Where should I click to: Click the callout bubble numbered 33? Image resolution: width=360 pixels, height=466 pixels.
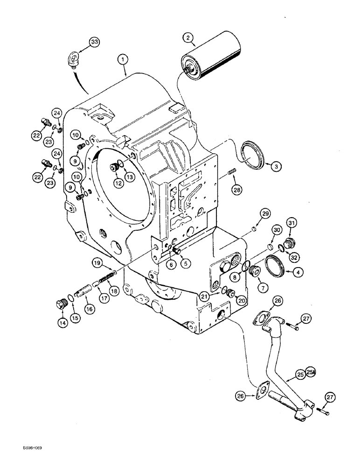pyautogui.click(x=94, y=42)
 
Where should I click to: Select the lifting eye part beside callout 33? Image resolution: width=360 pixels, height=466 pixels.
pyautogui.click(x=72, y=61)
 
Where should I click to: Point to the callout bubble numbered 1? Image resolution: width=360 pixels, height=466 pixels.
pyautogui.click(x=122, y=59)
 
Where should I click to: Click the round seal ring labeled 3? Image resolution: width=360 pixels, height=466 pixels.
pyautogui.click(x=253, y=158)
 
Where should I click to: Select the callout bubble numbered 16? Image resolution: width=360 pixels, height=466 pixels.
pyautogui.click(x=89, y=309)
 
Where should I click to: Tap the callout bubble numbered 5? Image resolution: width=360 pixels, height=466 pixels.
pyautogui.click(x=187, y=263)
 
